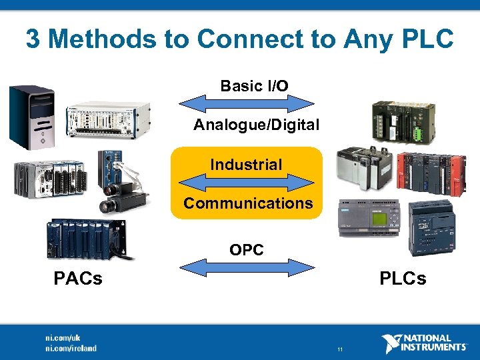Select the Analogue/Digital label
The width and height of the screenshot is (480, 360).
click(x=256, y=125)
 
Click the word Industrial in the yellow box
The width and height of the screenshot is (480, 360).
click(x=246, y=164)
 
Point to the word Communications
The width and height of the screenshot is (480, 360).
click(x=248, y=203)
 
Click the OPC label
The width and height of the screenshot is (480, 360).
click(x=247, y=250)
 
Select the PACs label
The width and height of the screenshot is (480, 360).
click(x=78, y=278)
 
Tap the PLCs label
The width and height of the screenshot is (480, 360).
click(x=403, y=278)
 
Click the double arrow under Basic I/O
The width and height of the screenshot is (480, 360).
click(x=247, y=103)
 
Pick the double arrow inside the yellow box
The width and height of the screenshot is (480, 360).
click(x=247, y=182)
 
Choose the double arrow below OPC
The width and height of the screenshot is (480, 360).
click(x=247, y=267)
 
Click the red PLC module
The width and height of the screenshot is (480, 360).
click(x=431, y=173)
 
